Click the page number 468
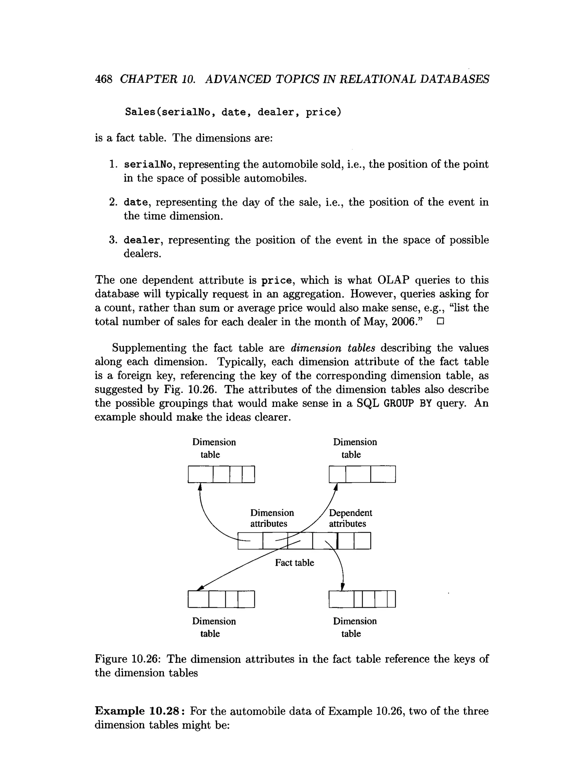point(103,79)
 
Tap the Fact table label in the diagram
point(295,563)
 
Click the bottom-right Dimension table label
point(354,627)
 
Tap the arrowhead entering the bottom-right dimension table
point(343,587)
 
